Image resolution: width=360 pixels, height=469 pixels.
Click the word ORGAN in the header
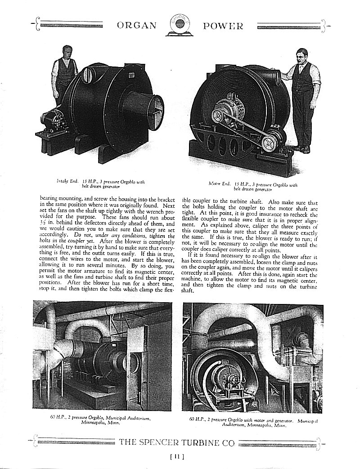137,26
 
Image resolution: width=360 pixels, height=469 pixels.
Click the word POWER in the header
223,26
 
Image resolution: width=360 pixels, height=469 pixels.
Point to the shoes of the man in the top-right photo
301,149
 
